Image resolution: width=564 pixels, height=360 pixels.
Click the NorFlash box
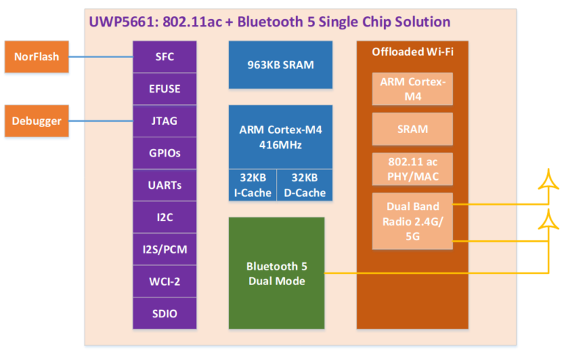[37, 57]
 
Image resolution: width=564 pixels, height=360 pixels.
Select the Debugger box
[37, 120]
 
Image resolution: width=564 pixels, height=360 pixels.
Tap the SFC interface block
[164, 57]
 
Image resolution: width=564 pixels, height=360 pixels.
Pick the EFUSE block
[164, 89]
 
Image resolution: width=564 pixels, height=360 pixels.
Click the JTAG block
[164, 121]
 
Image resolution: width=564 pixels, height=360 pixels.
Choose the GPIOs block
[164, 153]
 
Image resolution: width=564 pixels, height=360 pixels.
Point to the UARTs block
[164, 185]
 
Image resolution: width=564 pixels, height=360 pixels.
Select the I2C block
[164, 217]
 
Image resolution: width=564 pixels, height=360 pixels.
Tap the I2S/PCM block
[164, 249]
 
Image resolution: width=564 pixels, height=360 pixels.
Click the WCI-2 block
[164, 281]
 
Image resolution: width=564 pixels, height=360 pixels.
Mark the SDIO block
[164, 313]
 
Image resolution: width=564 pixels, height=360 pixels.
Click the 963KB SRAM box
[281, 65]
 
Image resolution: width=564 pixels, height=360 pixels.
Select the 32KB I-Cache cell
[253, 185]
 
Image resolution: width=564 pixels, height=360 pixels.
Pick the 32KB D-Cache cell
[305, 185]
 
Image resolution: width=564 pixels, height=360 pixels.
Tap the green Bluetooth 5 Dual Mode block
[277, 273]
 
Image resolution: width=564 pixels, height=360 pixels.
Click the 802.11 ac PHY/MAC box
[413, 169]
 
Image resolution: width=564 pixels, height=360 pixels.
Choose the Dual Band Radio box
[413, 221]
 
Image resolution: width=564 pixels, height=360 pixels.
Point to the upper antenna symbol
[548, 179]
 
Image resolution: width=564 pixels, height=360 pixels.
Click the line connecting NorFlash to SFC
[101, 57]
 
